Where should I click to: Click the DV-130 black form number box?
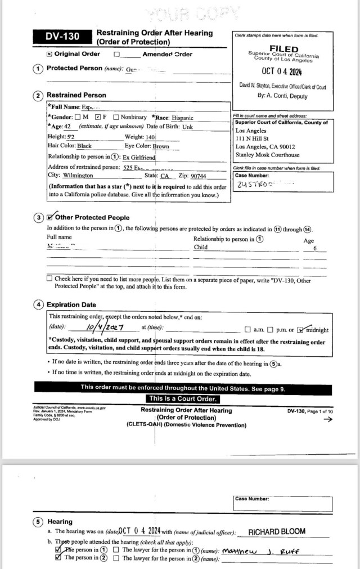(62, 37)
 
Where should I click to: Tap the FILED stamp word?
(283, 49)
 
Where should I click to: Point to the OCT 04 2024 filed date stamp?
(283, 71)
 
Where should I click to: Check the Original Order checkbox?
(49, 54)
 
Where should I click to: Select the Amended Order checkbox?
(117, 55)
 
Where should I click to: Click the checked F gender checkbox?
(98, 117)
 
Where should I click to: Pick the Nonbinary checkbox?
(115, 117)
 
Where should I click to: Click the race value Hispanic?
(183, 118)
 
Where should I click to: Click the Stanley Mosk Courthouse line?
(267, 155)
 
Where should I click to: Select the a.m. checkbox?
(247, 330)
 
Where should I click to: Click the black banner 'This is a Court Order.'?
(179, 398)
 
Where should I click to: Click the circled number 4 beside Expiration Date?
(38, 304)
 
